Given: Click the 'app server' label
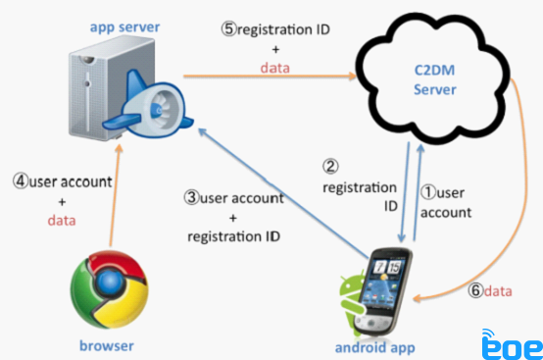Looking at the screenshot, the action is [x=124, y=27].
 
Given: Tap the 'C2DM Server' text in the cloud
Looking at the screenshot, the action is [x=435, y=80].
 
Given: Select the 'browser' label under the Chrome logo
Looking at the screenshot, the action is [x=107, y=345].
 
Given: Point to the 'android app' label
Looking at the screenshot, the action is [x=375, y=347].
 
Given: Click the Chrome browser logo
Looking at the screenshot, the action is [x=110, y=289].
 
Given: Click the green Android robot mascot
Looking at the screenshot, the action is [x=351, y=301].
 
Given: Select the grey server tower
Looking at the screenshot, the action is [x=104, y=88].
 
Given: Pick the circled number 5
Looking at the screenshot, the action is [x=229, y=29].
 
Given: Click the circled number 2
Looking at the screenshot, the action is [x=330, y=167].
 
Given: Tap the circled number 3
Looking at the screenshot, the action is [x=191, y=197].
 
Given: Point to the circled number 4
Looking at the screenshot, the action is [x=21, y=180].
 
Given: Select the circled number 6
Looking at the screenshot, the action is [x=475, y=290].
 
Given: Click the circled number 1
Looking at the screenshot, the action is [x=428, y=192].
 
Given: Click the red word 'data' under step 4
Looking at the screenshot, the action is [x=62, y=221].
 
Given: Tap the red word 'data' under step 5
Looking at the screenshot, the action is [x=275, y=68].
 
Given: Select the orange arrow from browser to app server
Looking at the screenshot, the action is [x=115, y=195].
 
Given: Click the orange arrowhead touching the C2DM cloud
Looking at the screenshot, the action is [x=352, y=76].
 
